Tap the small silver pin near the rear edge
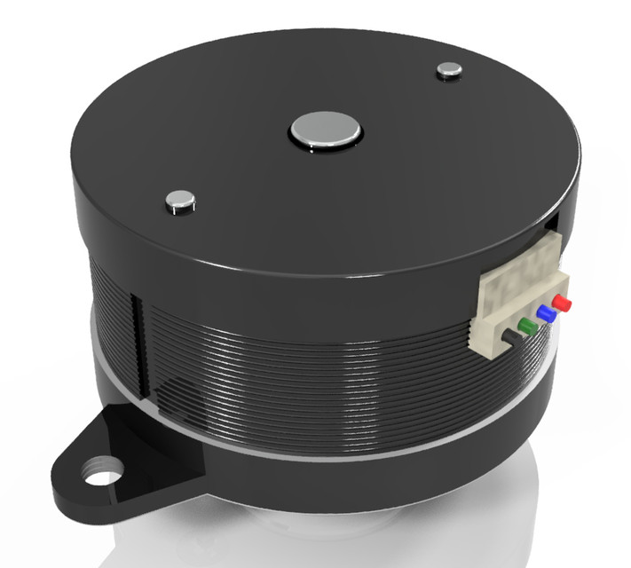(x=450, y=70)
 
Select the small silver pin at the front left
(x=180, y=201)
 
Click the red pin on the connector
(x=562, y=304)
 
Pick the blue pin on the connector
(x=546, y=314)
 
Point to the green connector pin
(x=528, y=326)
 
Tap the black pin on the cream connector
(x=512, y=336)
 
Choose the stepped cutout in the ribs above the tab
(x=177, y=390)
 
